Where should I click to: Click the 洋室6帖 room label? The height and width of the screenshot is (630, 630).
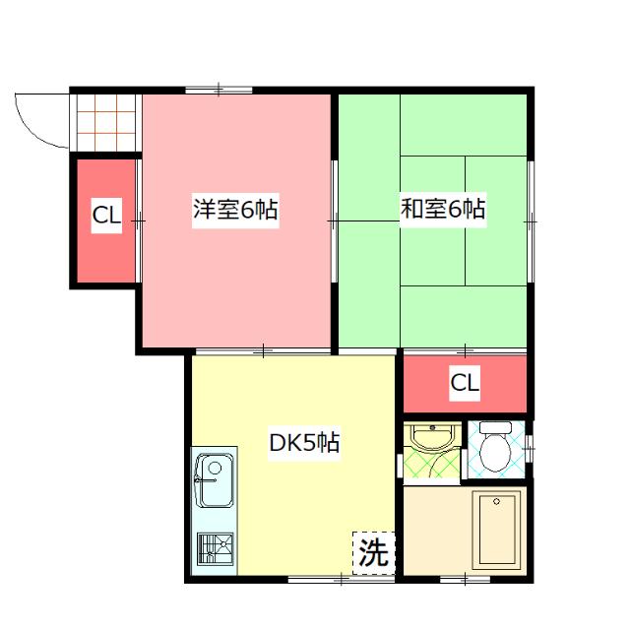coord(234,210)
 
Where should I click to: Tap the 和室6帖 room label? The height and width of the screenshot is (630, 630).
coord(443,209)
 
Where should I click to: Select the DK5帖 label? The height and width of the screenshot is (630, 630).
coord(304,443)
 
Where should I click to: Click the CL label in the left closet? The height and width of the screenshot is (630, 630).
coord(106,217)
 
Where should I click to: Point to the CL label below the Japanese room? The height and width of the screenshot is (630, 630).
coord(465,384)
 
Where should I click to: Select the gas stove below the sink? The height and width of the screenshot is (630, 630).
coord(214,548)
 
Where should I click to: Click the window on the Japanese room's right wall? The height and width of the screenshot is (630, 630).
coord(531,221)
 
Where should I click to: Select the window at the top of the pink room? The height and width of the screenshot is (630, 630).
coord(218,92)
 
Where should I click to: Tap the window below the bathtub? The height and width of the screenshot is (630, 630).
coord(466,579)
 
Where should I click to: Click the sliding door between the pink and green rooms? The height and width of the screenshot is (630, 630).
coord(334,221)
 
